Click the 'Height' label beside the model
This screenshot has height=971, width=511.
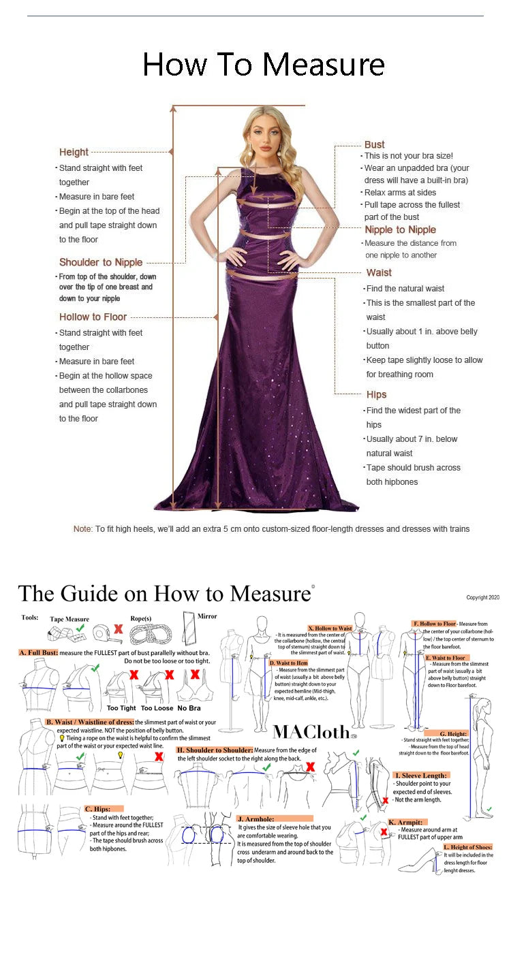74,152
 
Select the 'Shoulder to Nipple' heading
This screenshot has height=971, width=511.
101,262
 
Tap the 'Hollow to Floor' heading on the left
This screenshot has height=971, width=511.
93,317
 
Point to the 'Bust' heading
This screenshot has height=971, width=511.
374,144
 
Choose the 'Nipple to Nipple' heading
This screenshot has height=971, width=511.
400,229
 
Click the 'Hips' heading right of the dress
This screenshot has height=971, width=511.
376,394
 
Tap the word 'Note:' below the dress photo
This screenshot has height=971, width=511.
82,529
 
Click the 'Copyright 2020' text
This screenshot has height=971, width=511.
482,598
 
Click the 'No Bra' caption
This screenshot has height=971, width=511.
189,708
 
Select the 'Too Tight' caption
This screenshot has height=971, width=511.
121,708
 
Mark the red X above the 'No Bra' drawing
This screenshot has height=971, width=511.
195,674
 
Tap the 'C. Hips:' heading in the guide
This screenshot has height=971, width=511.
98,809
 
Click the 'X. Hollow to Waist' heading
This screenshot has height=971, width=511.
330,628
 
